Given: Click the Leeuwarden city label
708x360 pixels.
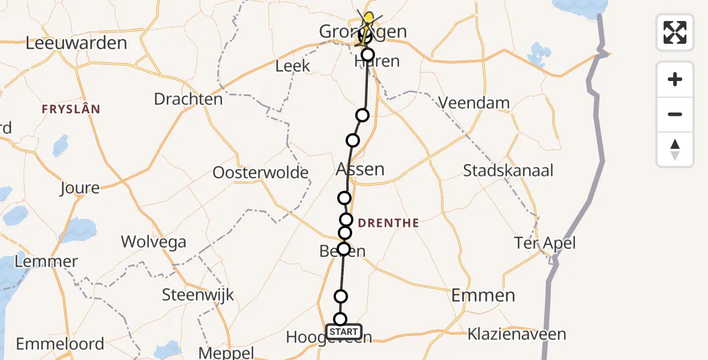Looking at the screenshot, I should tap(77, 43).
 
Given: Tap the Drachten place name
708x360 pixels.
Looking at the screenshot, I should tap(188, 99).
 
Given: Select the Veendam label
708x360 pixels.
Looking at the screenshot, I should tap(474, 103).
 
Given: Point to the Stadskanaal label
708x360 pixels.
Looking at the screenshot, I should tap(508, 170).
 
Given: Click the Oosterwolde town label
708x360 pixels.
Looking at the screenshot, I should tap(260, 173).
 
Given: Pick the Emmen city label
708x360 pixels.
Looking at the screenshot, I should tap(483, 295).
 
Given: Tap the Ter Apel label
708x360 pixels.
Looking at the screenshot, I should tap(545, 243).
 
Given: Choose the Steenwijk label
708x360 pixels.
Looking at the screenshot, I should tap(198, 295).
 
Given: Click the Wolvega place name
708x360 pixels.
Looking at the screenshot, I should tap(154, 242).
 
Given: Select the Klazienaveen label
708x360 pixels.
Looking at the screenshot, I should tap(517, 334).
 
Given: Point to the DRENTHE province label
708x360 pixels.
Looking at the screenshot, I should tap(388, 224).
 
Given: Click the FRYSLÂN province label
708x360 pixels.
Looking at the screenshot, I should tap(70, 109).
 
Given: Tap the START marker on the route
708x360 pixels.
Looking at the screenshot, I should tap(344, 332).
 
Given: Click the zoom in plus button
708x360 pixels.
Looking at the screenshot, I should tap(675, 79).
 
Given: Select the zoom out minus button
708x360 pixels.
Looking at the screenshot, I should tap(675, 114).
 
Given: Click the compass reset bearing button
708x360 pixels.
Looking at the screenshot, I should tap(675, 149).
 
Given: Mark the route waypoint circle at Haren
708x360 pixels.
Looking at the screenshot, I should tap(367, 55).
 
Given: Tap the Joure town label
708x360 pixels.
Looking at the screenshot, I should tap(79, 188).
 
